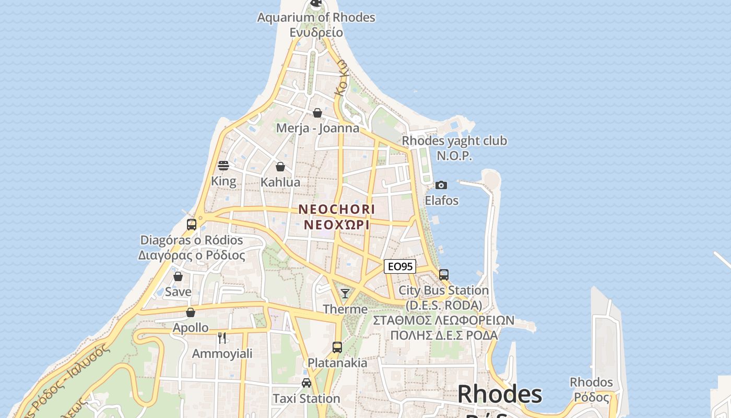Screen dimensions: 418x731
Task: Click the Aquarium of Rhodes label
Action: click(x=316, y=17)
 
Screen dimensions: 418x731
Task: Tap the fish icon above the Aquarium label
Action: click(x=316, y=3)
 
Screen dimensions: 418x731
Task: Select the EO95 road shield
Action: click(x=400, y=266)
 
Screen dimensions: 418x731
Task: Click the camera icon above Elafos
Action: click(x=441, y=185)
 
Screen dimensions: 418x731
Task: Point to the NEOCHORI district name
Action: click(x=337, y=209)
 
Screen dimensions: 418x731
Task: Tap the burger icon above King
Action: click(x=223, y=166)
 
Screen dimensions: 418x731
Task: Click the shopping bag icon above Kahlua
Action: click(x=280, y=167)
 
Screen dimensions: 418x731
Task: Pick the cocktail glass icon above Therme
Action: click(x=345, y=294)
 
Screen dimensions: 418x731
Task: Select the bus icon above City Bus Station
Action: click(x=444, y=275)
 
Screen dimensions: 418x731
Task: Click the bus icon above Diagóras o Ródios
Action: click(x=192, y=225)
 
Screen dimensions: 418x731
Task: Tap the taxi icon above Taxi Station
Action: click(x=306, y=383)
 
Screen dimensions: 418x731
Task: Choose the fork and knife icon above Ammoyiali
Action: click(x=222, y=338)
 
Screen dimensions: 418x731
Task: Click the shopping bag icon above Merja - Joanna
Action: click(x=317, y=113)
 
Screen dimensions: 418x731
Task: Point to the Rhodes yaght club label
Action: click(x=454, y=141)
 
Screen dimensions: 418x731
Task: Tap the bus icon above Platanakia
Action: click(x=337, y=347)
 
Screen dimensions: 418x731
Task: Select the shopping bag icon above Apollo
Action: click(x=191, y=312)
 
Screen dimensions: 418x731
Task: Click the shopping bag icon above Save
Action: click(x=178, y=276)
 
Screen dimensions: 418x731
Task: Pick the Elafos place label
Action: click(x=442, y=201)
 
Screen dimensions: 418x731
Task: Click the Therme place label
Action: click(x=345, y=309)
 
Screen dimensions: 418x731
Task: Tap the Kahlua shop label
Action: click(x=280, y=182)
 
